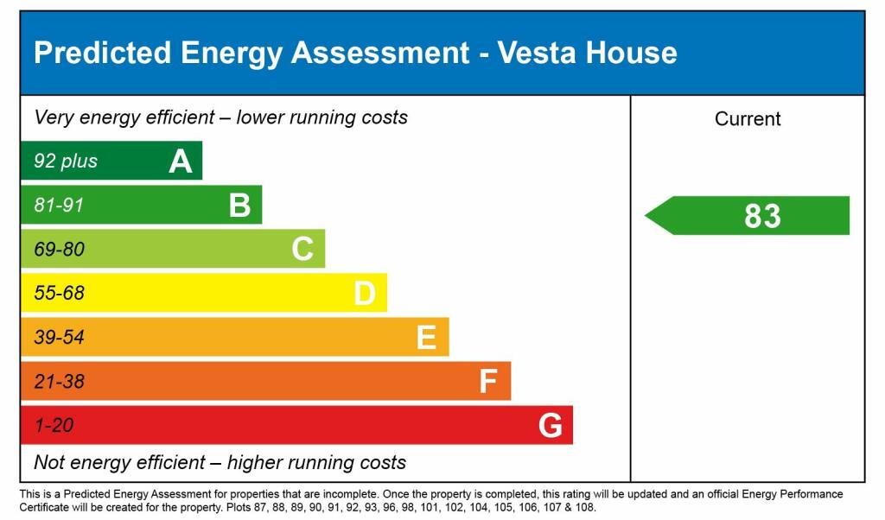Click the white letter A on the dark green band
tap(180, 162)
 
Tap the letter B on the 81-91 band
tap(239, 206)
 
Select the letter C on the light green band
tap(302, 250)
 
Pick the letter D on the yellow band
tap(365, 294)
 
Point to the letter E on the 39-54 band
tap(426, 338)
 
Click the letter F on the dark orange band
tap(488, 381)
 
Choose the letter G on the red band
tap(551, 425)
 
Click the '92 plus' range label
tap(66, 162)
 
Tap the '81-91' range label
tap(59, 206)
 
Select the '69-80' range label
tap(59, 250)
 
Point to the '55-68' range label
tap(59, 294)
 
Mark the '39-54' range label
tap(59, 338)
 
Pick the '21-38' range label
tap(59, 381)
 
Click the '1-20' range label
tap(54, 425)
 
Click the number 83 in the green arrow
tap(762, 216)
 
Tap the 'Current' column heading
tap(748, 119)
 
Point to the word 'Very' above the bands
tap(54, 117)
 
